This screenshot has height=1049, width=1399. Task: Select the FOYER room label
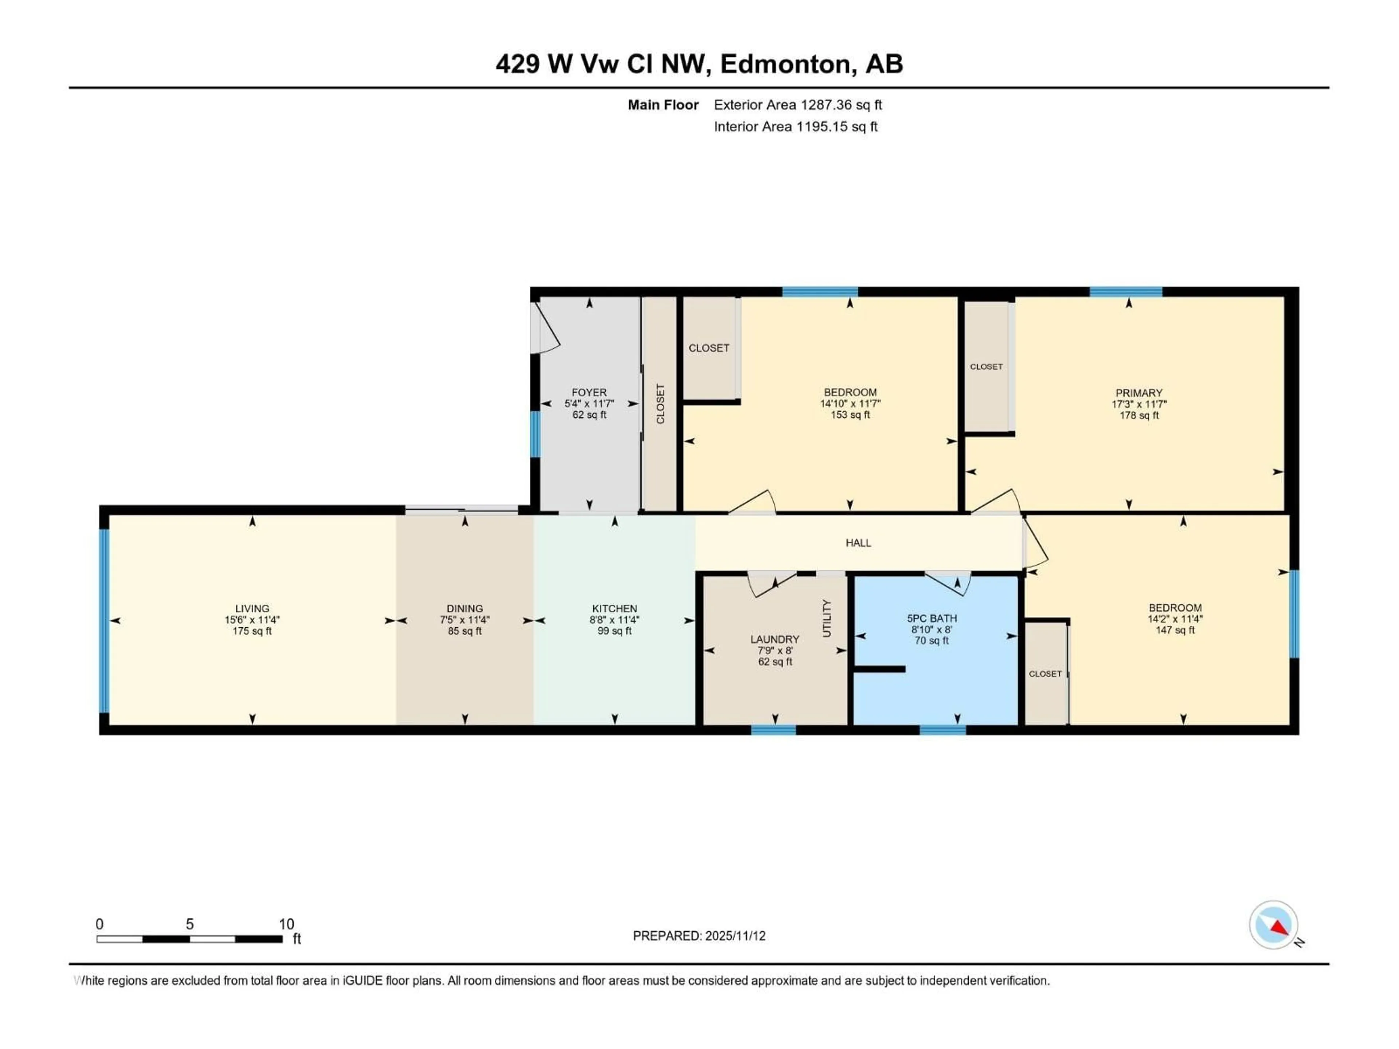coord(589,392)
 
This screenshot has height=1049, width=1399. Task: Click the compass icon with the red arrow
coord(1273,925)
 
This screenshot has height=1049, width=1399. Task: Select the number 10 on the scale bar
coord(286,924)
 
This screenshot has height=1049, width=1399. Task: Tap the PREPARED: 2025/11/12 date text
coord(699,936)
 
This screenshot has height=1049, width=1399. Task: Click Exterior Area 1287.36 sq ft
coord(798,105)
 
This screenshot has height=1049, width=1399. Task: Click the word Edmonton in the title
coord(785,64)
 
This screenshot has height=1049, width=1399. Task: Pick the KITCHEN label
coord(614,608)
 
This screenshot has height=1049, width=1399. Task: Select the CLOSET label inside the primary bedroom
coord(986,367)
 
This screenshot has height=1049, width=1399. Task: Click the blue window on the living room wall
coord(104,620)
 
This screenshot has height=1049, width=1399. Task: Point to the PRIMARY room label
coord(1139,393)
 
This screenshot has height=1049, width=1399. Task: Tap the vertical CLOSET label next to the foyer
coord(660,404)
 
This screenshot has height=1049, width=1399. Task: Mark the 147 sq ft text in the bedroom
coord(1175,630)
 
